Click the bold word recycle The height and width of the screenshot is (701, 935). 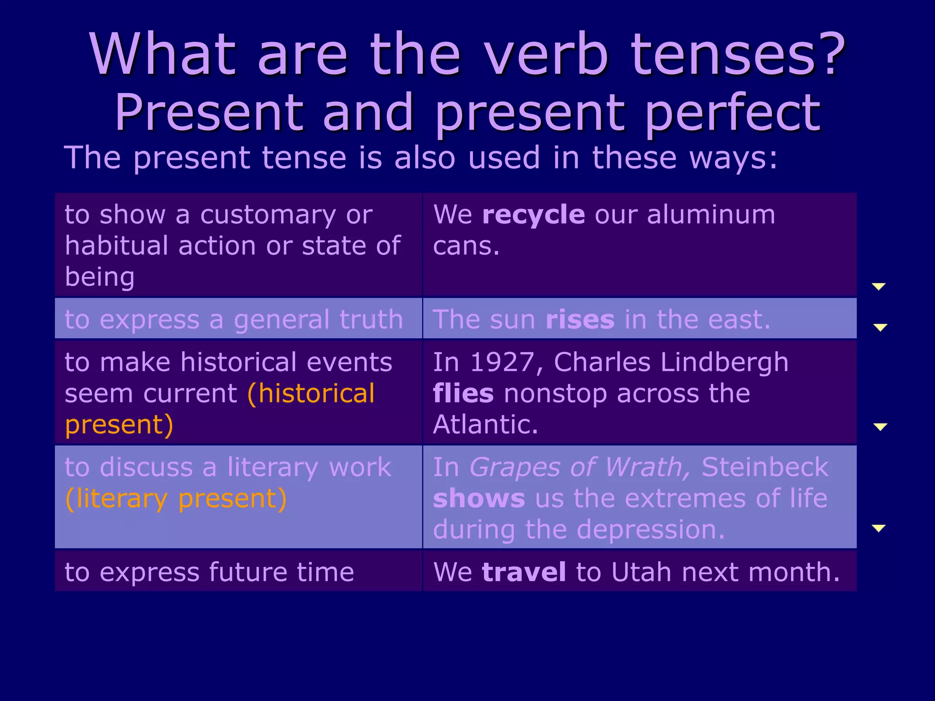coord(533,214)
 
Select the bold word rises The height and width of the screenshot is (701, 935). coord(580,319)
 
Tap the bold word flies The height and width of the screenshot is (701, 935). coord(463,393)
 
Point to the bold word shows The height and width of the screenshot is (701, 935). coord(479,498)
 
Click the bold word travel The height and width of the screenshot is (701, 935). coord(524,572)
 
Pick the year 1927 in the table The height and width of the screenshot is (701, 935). coord(501,362)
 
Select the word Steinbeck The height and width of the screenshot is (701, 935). coord(765,467)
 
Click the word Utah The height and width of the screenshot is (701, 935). coord(641,572)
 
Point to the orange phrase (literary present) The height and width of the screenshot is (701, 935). coord(176,498)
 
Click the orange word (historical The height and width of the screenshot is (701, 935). coord(311,393)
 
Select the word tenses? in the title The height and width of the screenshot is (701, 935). coord(738,55)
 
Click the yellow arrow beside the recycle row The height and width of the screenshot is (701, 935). coord(878,286)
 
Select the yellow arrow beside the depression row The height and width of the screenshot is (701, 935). coord(878,528)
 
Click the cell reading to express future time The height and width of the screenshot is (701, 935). coord(210,572)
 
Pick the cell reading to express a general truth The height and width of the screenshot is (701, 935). coord(234,319)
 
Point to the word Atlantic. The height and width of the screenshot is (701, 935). coord(485,424)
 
